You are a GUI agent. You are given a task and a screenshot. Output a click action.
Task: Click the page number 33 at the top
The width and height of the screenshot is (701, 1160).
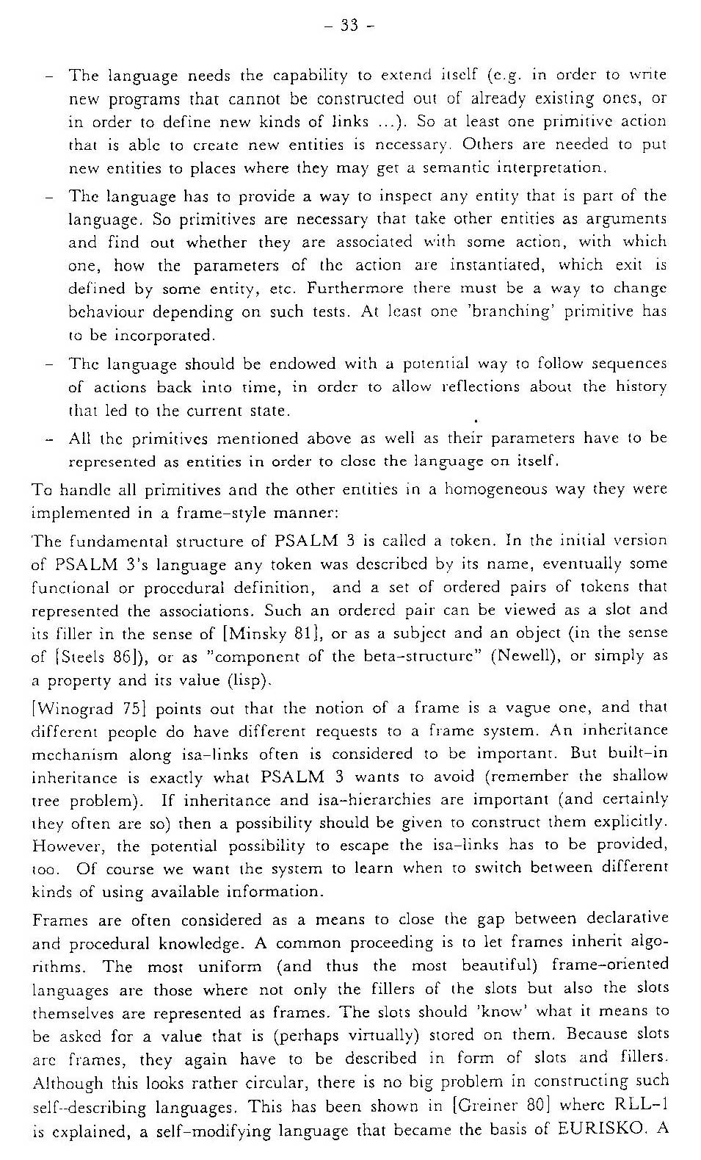(349, 26)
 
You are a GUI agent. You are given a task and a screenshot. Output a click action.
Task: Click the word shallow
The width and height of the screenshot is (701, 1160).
(641, 777)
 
